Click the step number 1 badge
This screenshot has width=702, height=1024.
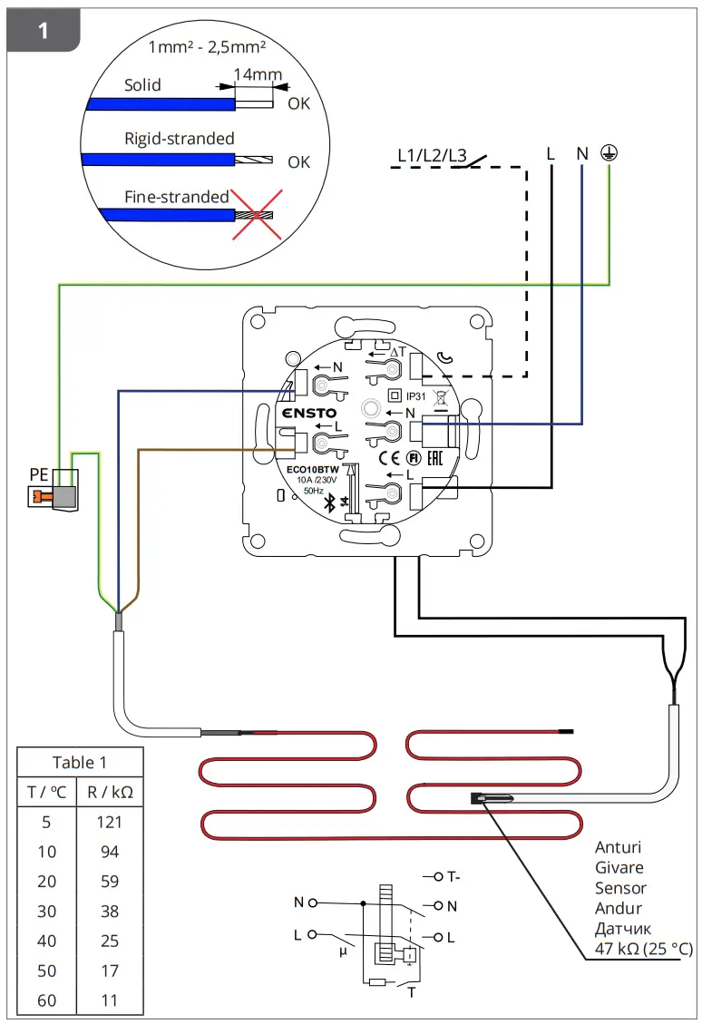pyautogui.click(x=43, y=31)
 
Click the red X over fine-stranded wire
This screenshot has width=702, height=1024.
pyautogui.click(x=257, y=215)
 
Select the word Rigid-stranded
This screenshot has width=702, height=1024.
pyautogui.click(x=179, y=139)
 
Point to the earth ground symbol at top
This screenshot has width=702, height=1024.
pyautogui.click(x=610, y=153)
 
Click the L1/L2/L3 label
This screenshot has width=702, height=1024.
pyautogui.click(x=432, y=155)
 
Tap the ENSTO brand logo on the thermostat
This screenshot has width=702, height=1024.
pyautogui.click(x=310, y=414)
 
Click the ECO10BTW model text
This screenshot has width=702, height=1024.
pyautogui.click(x=313, y=469)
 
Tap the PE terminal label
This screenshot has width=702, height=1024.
pyautogui.click(x=39, y=473)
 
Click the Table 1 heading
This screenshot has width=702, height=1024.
pyautogui.click(x=79, y=762)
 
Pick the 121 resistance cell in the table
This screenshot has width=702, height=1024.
pyautogui.click(x=109, y=822)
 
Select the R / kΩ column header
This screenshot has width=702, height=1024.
pyautogui.click(x=110, y=792)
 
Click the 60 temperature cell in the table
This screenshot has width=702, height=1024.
pyautogui.click(x=46, y=1000)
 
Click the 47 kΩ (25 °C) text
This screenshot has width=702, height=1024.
pyautogui.click(x=643, y=949)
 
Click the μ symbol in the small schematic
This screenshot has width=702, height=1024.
pyautogui.click(x=342, y=951)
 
